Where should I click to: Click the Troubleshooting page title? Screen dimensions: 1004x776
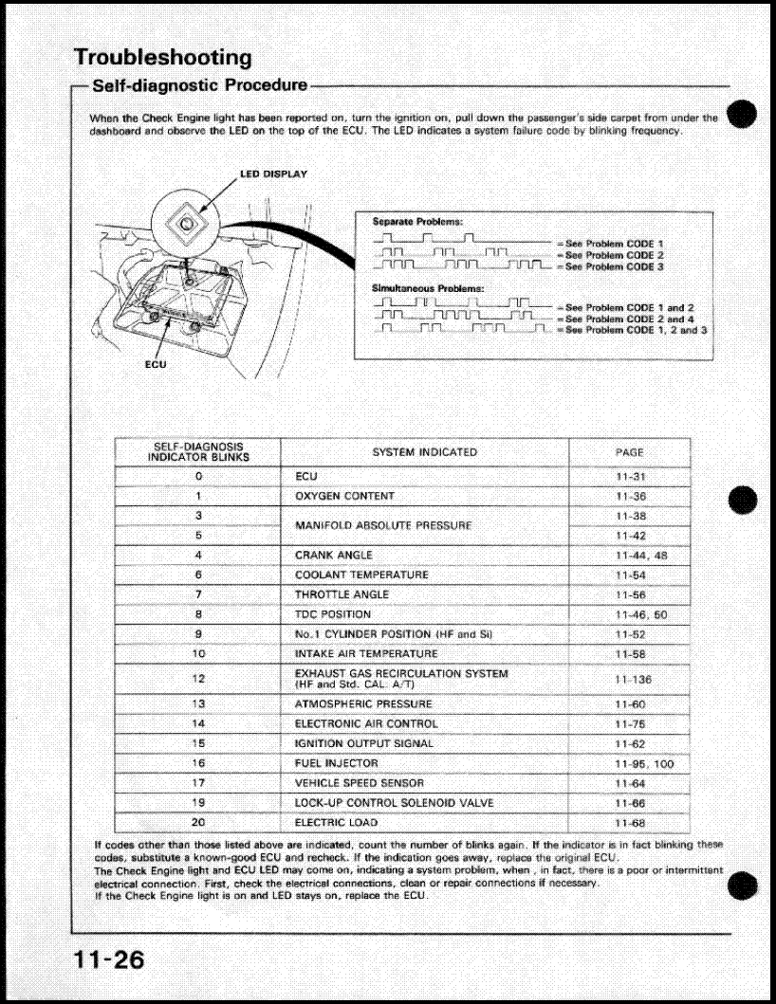pos(162,57)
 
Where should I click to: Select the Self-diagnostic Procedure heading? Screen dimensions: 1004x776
pos(199,85)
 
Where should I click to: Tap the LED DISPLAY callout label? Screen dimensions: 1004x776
pos(272,174)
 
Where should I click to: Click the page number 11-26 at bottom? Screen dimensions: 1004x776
pos(110,959)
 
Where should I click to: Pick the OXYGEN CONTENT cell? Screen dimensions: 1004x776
pos(344,496)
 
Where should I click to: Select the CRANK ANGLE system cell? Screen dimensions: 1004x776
pos(334,555)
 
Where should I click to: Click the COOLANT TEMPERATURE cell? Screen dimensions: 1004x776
pos(361,575)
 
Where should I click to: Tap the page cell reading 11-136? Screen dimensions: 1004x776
pos(633,680)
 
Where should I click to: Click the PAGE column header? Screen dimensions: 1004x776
pos(629,452)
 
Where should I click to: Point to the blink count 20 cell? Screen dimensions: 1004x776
pos(198,822)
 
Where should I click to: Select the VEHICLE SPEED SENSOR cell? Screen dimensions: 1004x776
pos(359,783)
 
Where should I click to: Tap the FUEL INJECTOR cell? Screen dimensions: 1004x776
pos(336,763)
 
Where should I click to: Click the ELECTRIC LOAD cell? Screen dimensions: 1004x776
pos(335,822)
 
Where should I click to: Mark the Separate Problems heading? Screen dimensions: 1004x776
pos(416,221)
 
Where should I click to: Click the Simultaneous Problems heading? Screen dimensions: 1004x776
pos(428,287)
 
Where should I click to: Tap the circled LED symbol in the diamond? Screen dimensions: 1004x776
pos(187,223)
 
